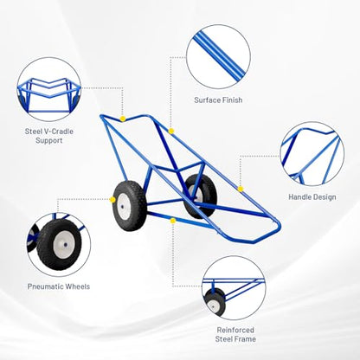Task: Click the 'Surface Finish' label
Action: [x=218, y=100]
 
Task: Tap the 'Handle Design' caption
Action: [x=312, y=197]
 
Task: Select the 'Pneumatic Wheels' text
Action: [x=59, y=286]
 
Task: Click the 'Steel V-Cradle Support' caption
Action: [x=49, y=136]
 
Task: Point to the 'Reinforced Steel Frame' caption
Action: [x=235, y=334]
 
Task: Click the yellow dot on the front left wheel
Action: [x=112, y=200]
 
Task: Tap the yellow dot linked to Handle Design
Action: [x=241, y=189]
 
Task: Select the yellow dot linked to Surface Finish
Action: [x=171, y=132]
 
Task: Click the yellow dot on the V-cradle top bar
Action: [x=123, y=119]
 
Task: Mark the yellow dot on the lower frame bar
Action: [x=173, y=221]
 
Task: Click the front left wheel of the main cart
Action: [x=129, y=206]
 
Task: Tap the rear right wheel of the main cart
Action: [x=200, y=196]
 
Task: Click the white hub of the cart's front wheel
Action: [x=125, y=207]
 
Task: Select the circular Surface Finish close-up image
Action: [x=218, y=56]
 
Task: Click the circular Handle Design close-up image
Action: [x=312, y=154]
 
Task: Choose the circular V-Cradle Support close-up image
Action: [x=49, y=89]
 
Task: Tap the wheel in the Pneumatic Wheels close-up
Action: [x=59, y=245]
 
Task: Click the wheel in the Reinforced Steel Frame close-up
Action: [x=215, y=302]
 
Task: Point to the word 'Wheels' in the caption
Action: [x=78, y=286]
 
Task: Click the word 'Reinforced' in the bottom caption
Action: [x=235, y=330]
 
